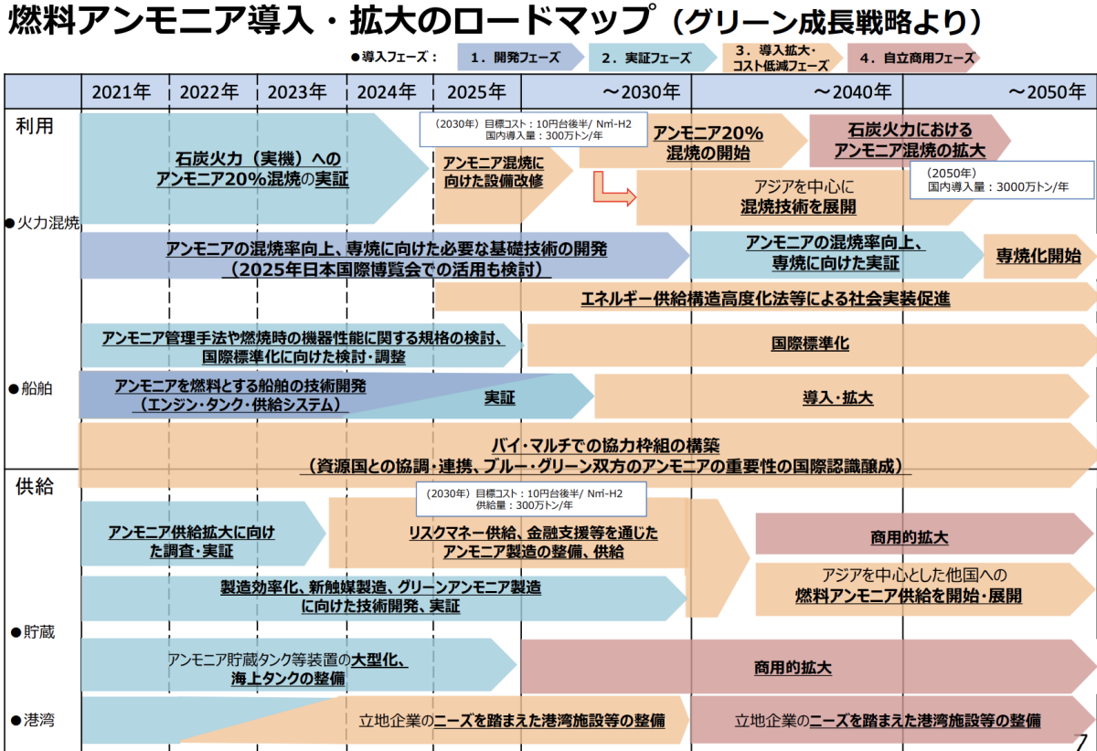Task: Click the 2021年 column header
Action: (x=122, y=91)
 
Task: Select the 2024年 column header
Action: (x=387, y=91)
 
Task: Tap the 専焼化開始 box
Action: (x=1038, y=256)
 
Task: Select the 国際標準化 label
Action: (x=810, y=344)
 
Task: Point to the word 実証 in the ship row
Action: (x=499, y=397)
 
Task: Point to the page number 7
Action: (x=1082, y=741)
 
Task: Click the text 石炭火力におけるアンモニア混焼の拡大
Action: (x=910, y=140)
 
